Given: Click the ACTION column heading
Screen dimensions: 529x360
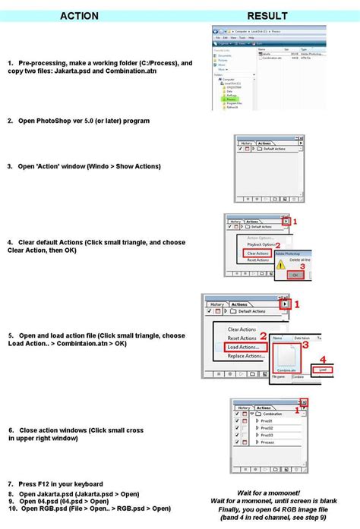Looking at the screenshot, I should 79,15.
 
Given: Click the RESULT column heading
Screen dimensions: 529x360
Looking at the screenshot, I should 267,15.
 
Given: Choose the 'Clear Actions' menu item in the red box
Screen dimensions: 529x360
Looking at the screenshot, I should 257,253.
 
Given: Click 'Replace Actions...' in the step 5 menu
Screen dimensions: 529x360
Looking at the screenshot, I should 247,355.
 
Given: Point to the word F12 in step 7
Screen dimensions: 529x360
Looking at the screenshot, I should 47,483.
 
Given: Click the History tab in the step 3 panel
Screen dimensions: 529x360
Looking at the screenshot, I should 247,143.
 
